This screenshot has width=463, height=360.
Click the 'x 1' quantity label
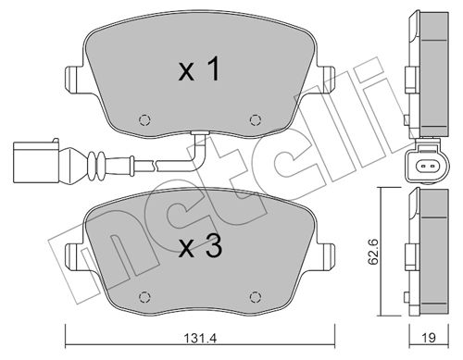199,69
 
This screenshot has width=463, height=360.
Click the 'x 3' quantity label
201,246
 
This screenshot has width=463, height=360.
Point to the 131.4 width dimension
200,338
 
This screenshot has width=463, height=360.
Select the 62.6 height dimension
373,252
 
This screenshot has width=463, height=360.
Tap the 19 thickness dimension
429,338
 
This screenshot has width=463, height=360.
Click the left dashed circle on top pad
144,119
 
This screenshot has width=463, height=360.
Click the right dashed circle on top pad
256,119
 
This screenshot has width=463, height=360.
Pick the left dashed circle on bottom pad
144,297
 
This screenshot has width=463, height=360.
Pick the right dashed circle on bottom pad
256,297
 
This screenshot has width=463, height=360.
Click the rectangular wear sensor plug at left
35,161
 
